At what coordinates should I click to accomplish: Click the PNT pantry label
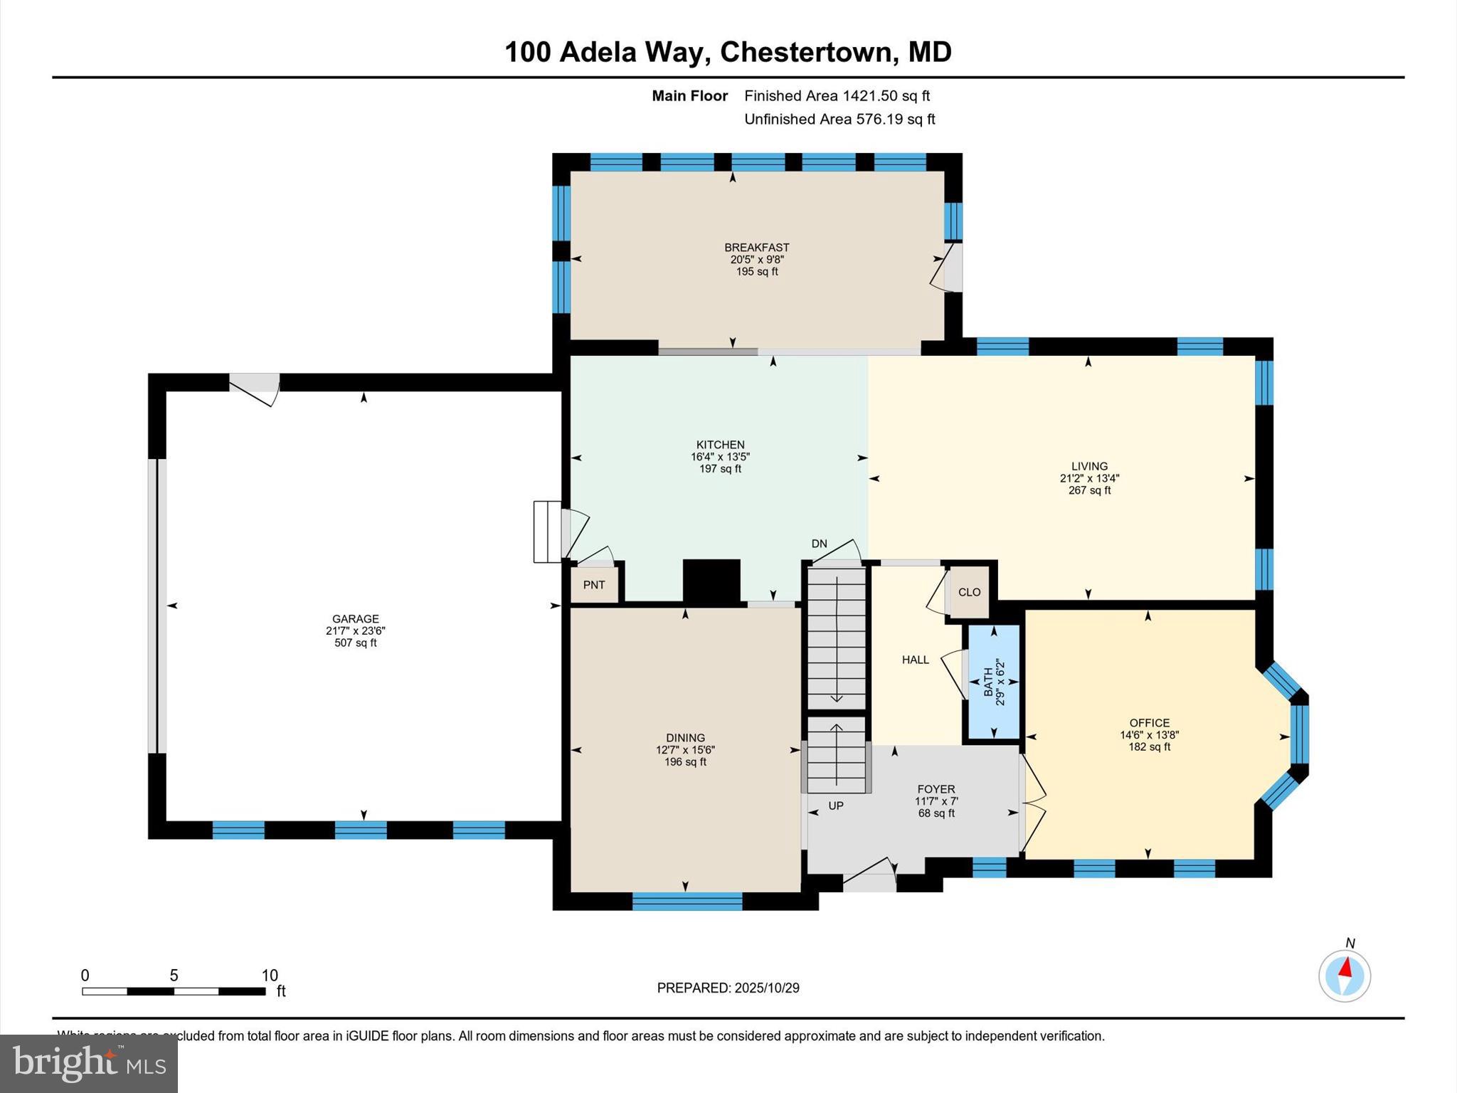pyautogui.click(x=594, y=585)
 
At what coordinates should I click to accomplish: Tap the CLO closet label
pyautogui.click(x=969, y=592)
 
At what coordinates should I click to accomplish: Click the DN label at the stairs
pyautogui.click(x=819, y=544)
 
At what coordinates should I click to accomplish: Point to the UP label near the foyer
pyautogui.click(x=836, y=806)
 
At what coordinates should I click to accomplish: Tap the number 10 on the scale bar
pyautogui.click(x=269, y=976)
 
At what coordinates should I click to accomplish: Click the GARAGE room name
pyautogui.click(x=356, y=619)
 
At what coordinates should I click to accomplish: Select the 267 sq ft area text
pyautogui.click(x=1089, y=490)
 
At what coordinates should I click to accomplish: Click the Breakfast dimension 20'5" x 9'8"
pyautogui.click(x=757, y=260)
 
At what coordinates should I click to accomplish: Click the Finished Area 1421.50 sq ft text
pyautogui.click(x=837, y=96)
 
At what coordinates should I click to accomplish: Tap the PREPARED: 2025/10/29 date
pyautogui.click(x=728, y=988)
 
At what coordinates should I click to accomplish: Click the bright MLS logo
pyautogui.click(x=89, y=1063)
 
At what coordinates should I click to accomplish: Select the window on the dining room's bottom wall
pyautogui.click(x=687, y=902)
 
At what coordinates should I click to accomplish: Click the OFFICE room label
pyautogui.click(x=1149, y=723)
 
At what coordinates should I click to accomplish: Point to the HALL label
pyautogui.click(x=915, y=660)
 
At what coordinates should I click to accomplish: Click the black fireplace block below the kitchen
pyautogui.click(x=711, y=582)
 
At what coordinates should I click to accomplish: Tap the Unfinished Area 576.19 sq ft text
pyautogui.click(x=839, y=120)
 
